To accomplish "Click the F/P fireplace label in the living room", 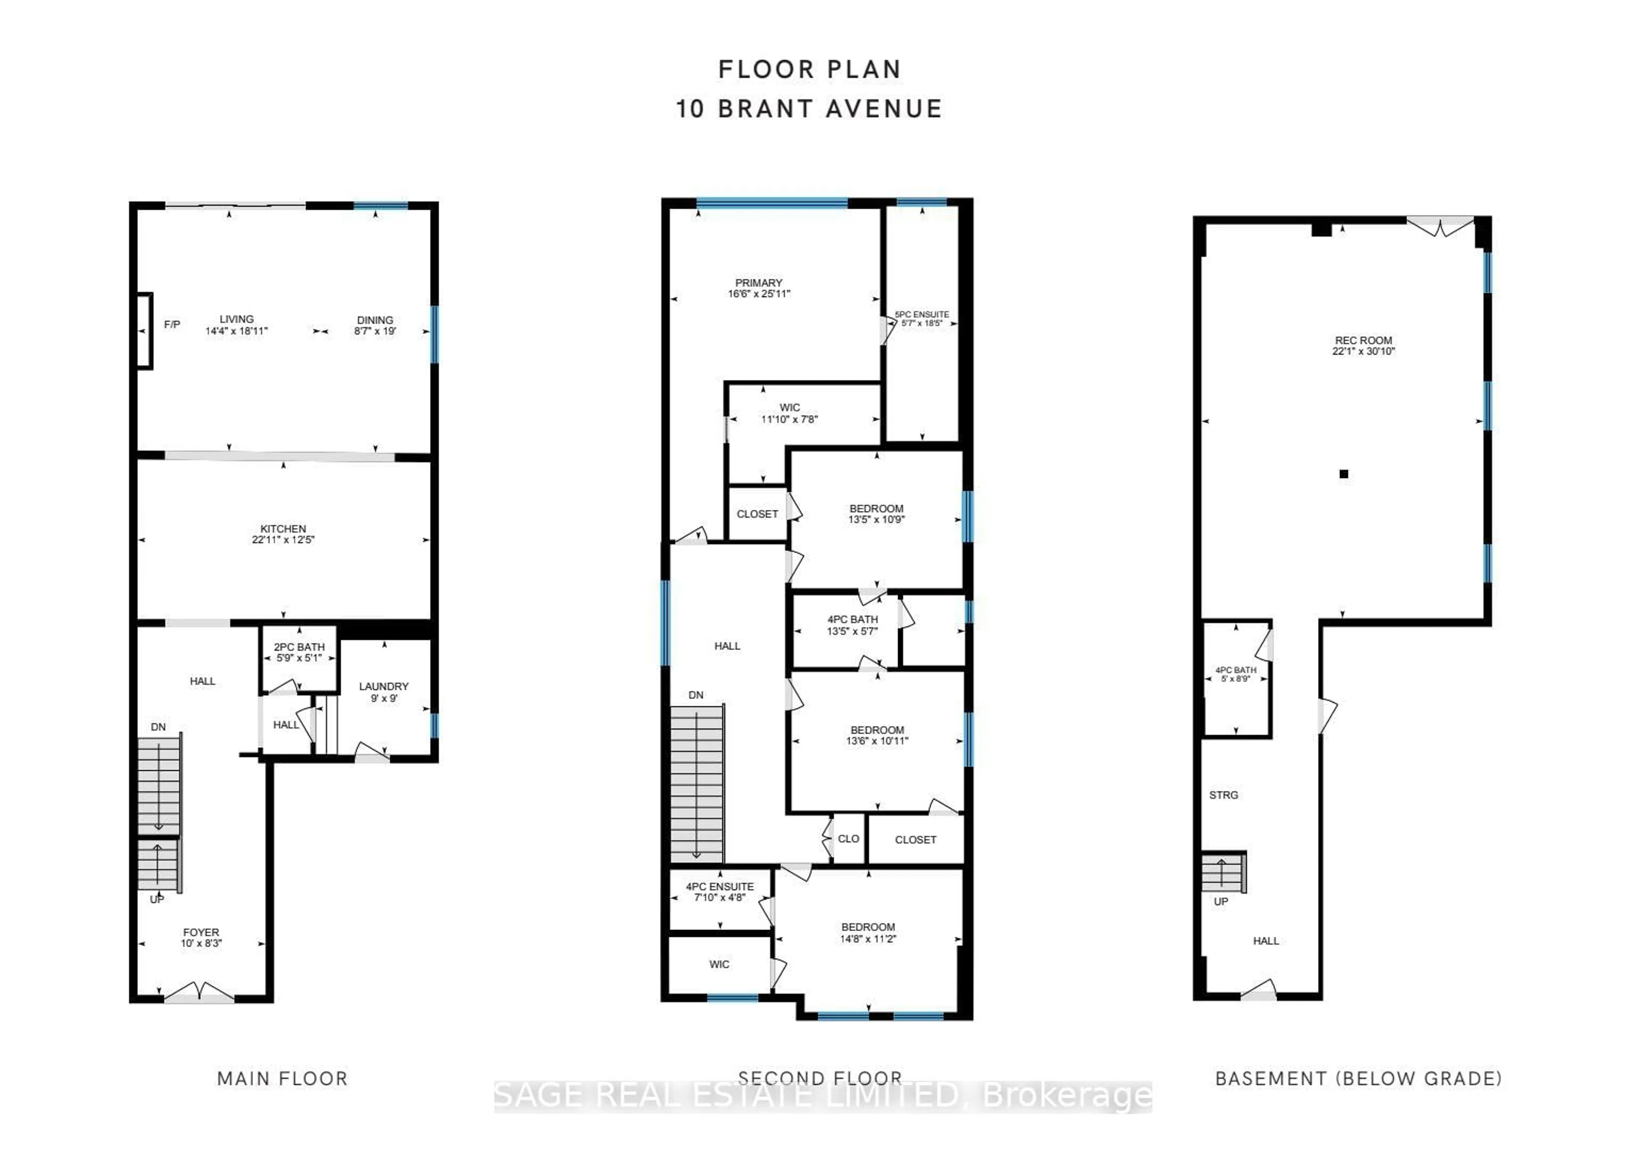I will click(172, 325).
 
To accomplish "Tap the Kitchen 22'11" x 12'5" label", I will click(283, 534).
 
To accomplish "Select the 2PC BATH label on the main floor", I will click(299, 652).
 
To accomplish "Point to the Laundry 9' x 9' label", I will click(384, 692).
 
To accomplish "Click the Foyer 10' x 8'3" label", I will click(201, 937).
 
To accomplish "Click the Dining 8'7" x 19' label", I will click(375, 325).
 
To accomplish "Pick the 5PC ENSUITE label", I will click(922, 319).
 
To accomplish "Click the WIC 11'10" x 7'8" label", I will click(789, 413).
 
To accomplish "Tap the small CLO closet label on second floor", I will click(849, 839).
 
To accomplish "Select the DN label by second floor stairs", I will click(696, 695).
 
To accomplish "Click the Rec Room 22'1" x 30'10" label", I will click(1363, 345).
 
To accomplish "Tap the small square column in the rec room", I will click(1343, 473).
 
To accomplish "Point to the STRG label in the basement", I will click(1224, 795).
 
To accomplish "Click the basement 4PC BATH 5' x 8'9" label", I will click(1236, 674).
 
